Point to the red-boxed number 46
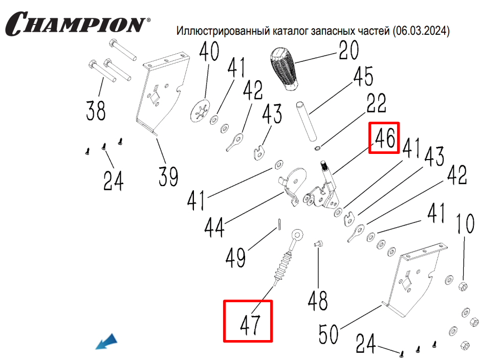tap(385, 138)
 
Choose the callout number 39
tap(168, 176)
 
